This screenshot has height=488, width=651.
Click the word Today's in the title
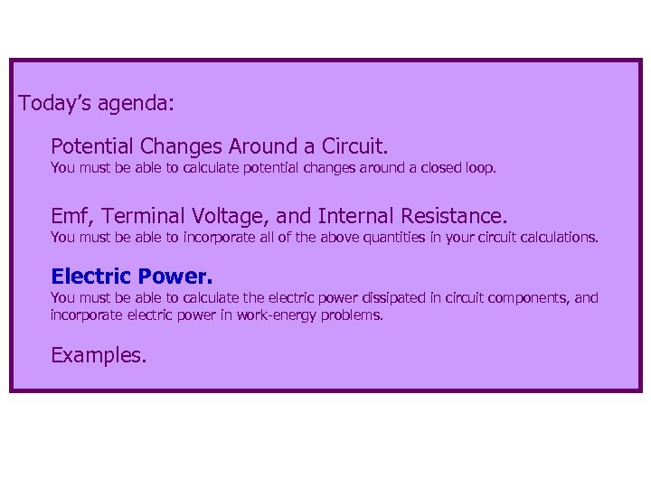coord(52,103)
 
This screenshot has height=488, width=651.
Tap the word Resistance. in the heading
coord(457,217)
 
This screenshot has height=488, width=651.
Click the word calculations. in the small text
coord(559,239)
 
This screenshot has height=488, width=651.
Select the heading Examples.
coord(99,356)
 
